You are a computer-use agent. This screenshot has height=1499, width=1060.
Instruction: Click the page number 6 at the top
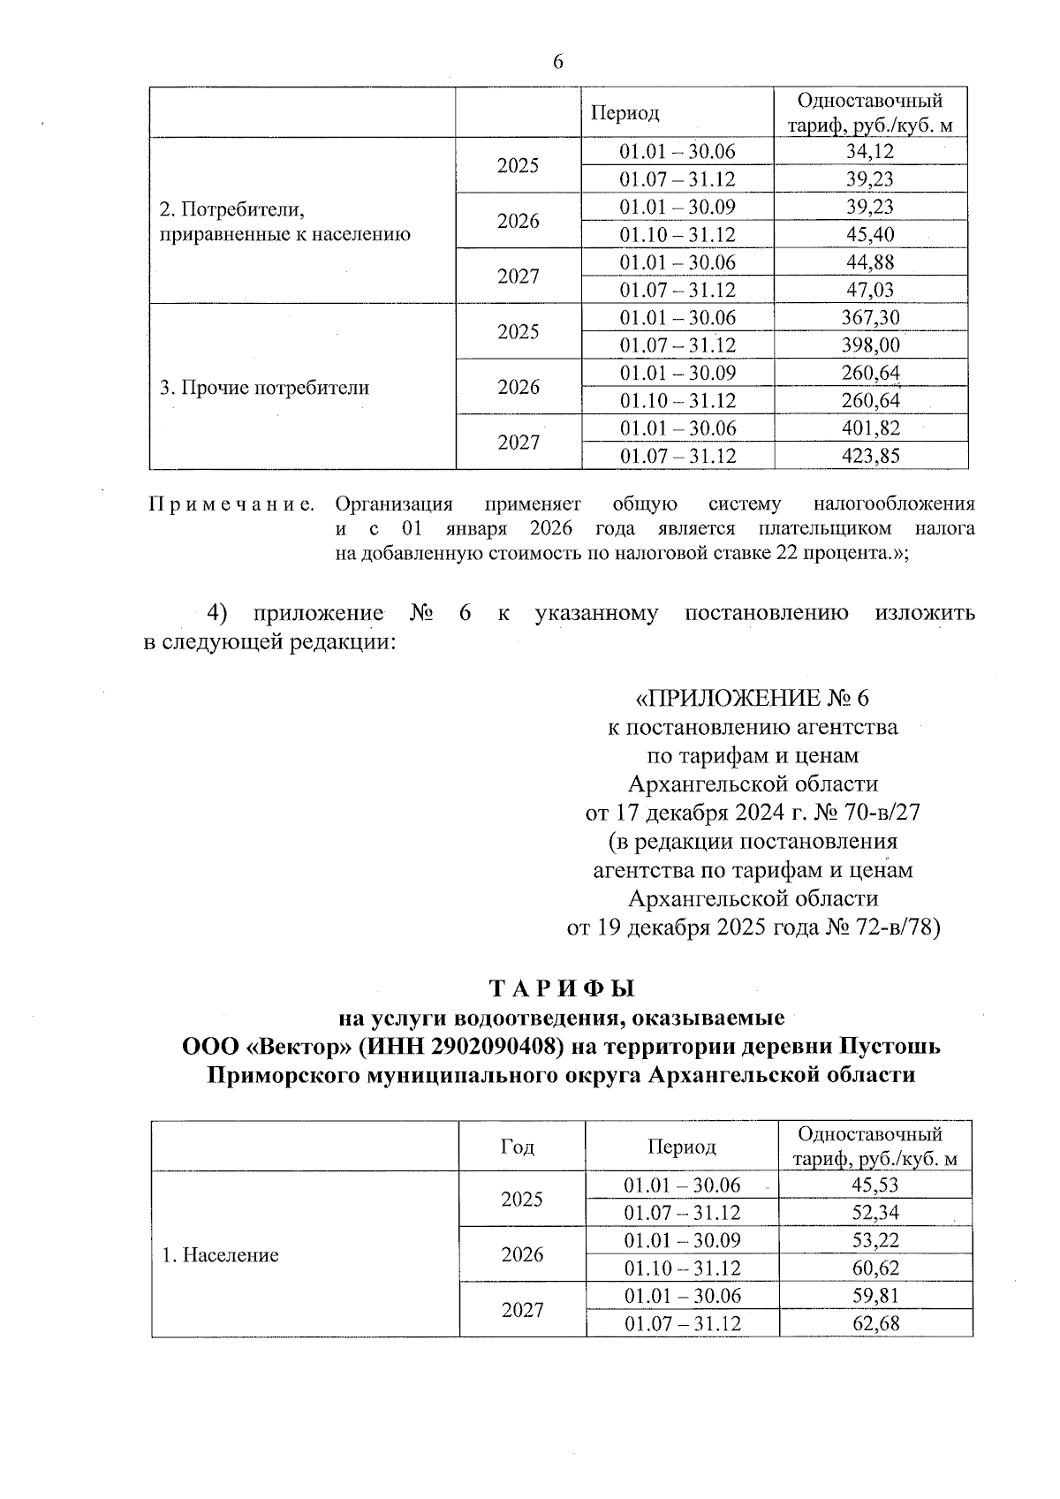click(x=557, y=61)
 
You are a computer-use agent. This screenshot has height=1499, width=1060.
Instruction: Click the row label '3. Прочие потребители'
click(x=264, y=388)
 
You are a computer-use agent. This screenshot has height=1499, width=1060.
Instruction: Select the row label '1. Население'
click(x=220, y=1255)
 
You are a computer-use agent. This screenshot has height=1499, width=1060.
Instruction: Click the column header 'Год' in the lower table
click(x=518, y=1147)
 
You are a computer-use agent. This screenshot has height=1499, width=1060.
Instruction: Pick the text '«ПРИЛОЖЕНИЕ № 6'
click(x=753, y=699)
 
